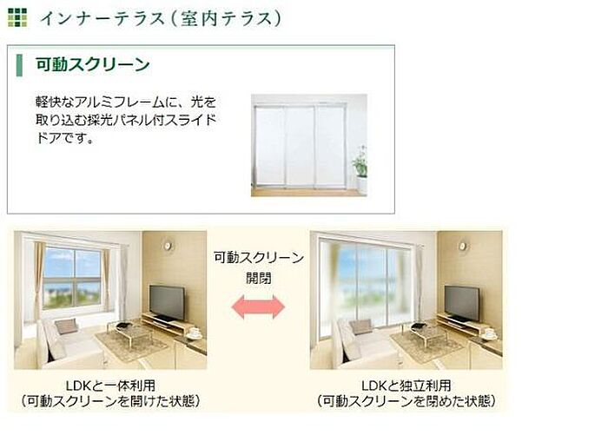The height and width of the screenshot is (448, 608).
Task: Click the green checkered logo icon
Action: pyautogui.click(x=17, y=17)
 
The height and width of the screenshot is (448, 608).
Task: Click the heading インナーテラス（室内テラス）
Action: pyautogui.click(x=160, y=18)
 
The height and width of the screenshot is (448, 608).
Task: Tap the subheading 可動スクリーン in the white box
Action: pyautogui.click(x=93, y=64)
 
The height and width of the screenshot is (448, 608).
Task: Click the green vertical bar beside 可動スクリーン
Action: pyautogui.click(x=19, y=65)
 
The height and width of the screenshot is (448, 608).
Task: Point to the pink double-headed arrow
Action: pyautogui.click(x=258, y=307)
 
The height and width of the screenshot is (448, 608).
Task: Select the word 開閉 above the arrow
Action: pyautogui.click(x=258, y=278)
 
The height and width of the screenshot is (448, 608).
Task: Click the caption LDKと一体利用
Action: pyautogui.click(x=110, y=385)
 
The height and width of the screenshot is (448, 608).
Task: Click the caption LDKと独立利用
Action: pyautogui.click(x=406, y=385)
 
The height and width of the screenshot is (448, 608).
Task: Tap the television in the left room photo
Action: pyautogui.click(x=167, y=303)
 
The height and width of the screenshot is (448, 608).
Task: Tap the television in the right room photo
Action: pyautogui.click(x=462, y=304)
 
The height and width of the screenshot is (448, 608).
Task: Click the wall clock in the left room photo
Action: pyautogui.click(x=168, y=246)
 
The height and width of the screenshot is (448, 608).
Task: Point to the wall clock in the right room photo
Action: pyautogui.click(x=463, y=246)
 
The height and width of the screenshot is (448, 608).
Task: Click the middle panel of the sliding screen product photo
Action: pyautogui.click(x=300, y=146)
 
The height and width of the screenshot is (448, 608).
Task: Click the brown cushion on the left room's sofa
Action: pyautogui.click(x=66, y=326)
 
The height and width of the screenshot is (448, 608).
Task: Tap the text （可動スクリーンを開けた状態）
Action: pyautogui.click(x=110, y=401)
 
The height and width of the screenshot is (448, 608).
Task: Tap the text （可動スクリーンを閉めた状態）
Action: pyautogui.click(x=406, y=401)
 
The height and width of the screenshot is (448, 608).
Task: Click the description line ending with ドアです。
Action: pyautogui.click(x=65, y=137)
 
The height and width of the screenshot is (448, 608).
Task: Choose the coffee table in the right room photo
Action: pyautogui.click(x=426, y=334)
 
